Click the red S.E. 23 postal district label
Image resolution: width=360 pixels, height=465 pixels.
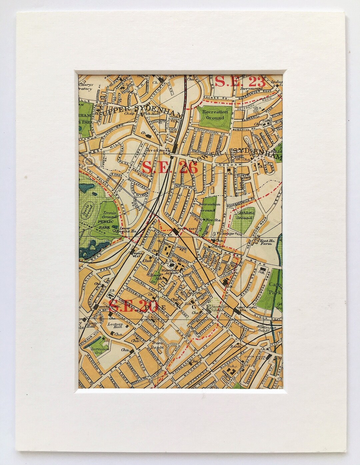(240, 82)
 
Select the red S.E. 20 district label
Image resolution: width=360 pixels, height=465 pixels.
(128, 305)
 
